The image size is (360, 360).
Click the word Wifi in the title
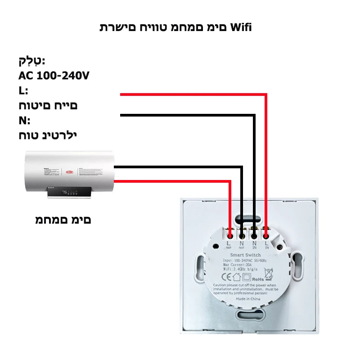[x=241, y=27]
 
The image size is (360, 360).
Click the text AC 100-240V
[x=54, y=75]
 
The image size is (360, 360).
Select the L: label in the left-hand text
[x=23, y=90]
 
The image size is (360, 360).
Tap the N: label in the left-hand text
[x=24, y=121]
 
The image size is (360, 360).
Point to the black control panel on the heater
[x=70, y=193]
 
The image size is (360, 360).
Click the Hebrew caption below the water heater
[x=63, y=220]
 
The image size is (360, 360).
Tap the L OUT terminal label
[x=229, y=245]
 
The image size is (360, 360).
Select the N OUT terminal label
[x=242, y=245]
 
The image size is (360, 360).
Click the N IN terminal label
[x=254, y=245]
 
